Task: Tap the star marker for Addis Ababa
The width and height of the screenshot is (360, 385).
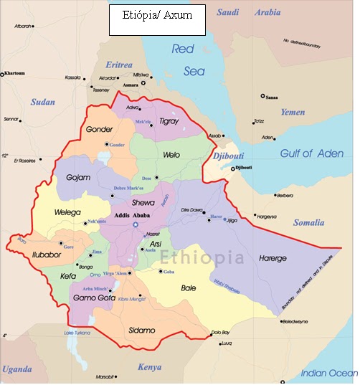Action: click(x=134, y=226)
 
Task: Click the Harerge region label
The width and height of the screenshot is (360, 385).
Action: click(x=273, y=257)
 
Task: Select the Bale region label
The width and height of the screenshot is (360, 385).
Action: click(x=189, y=287)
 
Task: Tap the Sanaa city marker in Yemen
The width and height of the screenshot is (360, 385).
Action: click(x=262, y=95)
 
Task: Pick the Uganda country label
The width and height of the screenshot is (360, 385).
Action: click(x=16, y=369)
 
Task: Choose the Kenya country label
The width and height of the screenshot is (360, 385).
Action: click(x=149, y=367)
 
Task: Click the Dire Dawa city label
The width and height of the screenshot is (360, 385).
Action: click(x=193, y=210)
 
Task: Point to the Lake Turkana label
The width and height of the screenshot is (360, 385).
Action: click(x=78, y=333)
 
